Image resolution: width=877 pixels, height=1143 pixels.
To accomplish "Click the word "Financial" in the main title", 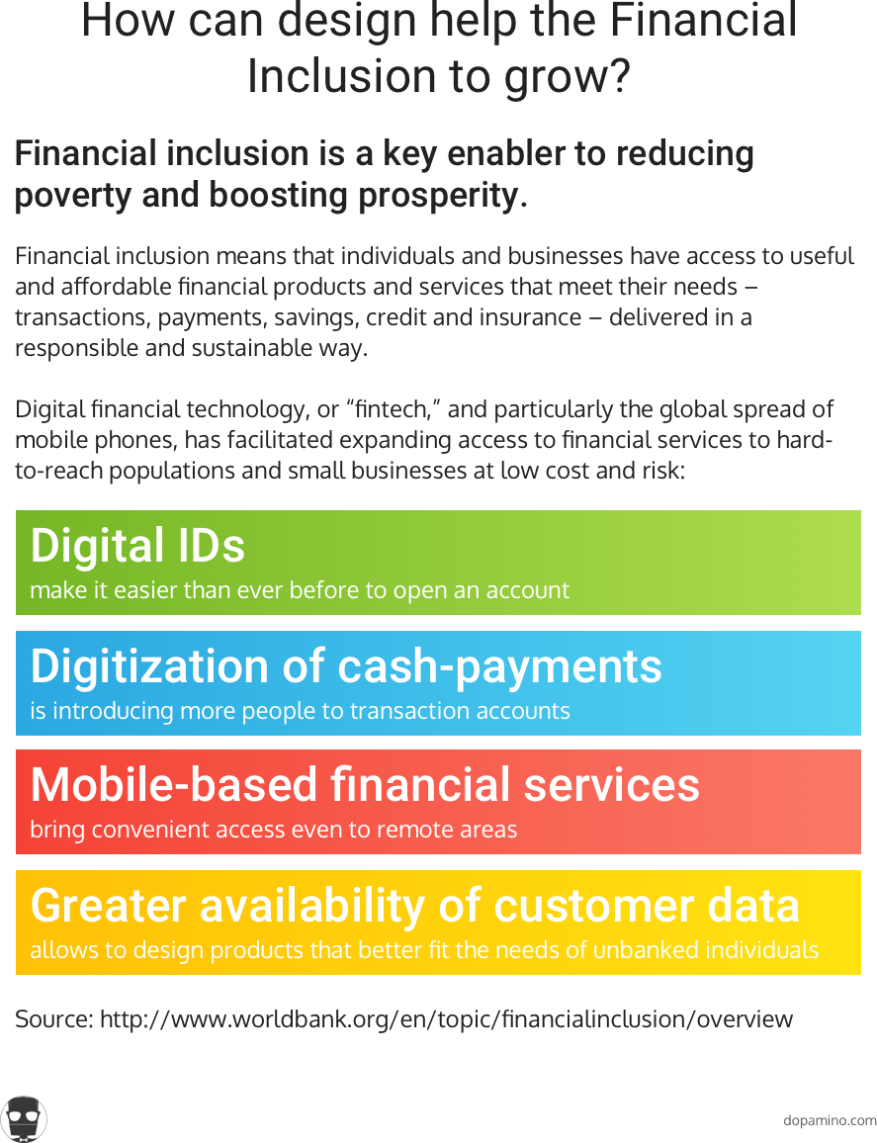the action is (704, 20).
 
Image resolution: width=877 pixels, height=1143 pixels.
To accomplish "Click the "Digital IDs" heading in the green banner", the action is (137, 545).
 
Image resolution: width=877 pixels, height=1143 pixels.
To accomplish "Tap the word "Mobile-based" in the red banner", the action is (174, 785).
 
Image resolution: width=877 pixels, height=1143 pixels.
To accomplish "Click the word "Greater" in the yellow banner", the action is (109, 906).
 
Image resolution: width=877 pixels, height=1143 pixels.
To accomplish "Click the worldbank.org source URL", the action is (446, 1019).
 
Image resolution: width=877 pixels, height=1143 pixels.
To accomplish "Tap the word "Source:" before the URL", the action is (54, 1019).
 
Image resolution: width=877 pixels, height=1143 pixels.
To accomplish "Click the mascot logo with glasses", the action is (24, 1119).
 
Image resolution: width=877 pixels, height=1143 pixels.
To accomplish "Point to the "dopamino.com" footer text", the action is (830, 1120).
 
